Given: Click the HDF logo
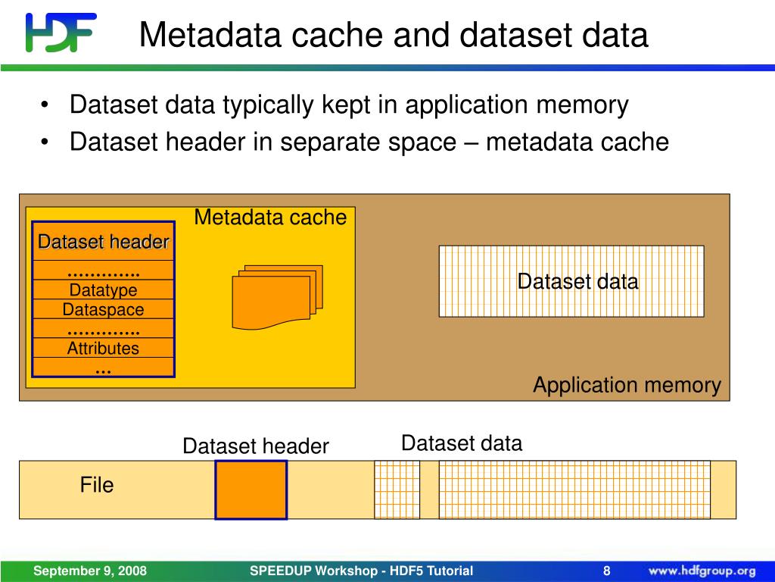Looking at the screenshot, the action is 61,32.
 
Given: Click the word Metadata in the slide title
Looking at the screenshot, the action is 210,35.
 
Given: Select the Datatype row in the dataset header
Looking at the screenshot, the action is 103,289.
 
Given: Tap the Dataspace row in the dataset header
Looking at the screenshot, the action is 103,309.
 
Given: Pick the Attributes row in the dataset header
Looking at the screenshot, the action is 103,348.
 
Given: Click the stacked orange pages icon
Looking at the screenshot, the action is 277,297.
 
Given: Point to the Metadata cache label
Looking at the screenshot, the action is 270,217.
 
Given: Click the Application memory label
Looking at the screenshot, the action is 627,385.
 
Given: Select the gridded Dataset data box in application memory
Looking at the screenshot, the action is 571,281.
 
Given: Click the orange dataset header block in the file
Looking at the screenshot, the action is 251,490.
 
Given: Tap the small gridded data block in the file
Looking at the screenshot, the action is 397,490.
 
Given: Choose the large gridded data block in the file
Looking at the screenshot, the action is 574,490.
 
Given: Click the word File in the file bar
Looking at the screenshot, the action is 97,485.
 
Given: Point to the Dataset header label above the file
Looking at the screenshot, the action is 256,446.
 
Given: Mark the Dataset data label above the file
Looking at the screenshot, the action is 462,443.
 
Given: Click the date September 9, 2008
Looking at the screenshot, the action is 90,571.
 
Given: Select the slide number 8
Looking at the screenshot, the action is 606,571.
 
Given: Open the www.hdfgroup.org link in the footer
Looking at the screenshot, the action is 702,571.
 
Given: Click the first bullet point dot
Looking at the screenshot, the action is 45,105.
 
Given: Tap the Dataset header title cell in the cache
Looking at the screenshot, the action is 103,242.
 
